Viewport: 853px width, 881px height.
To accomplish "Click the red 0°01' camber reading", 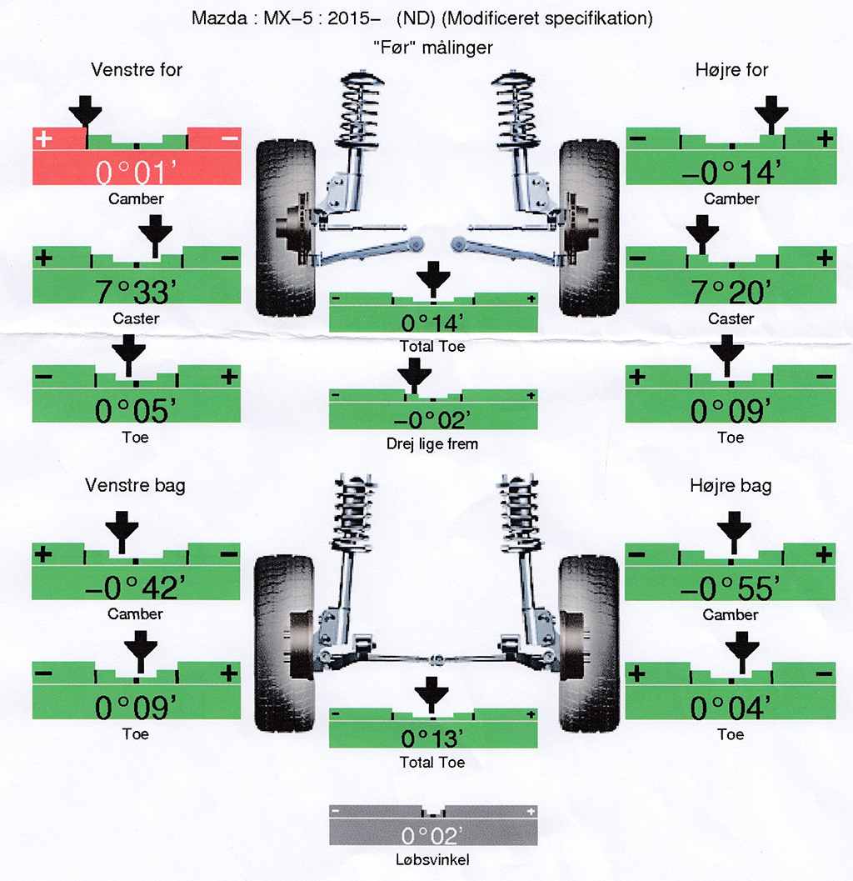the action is click(x=137, y=173).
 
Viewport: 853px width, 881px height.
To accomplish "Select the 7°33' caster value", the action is click(x=137, y=293).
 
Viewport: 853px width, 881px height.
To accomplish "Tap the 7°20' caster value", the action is click(x=731, y=293).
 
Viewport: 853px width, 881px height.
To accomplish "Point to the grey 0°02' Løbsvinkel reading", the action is click(x=432, y=836).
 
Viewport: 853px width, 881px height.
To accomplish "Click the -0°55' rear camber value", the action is click(x=730, y=588).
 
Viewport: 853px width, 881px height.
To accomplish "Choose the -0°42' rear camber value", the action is click(x=135, y=588).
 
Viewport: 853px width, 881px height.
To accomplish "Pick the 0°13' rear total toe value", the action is click(x=432, y=738).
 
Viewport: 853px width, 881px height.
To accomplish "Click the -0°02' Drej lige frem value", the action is click(x=432, y=420).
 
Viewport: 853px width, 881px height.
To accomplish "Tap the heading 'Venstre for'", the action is click(x=137, y=70).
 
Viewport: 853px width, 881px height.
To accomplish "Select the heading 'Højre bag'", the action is click(x=731, y=485).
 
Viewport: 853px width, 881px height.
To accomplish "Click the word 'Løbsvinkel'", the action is click(x=432, y=859).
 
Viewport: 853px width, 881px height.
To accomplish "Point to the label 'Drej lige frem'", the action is click(x=432, y=444).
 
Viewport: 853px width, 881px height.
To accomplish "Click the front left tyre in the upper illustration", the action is click(x=285, y=228).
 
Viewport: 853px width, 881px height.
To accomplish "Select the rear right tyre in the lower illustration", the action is click(x=589, y=644).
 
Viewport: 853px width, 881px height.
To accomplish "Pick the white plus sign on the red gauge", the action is click(x=43, y=138).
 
